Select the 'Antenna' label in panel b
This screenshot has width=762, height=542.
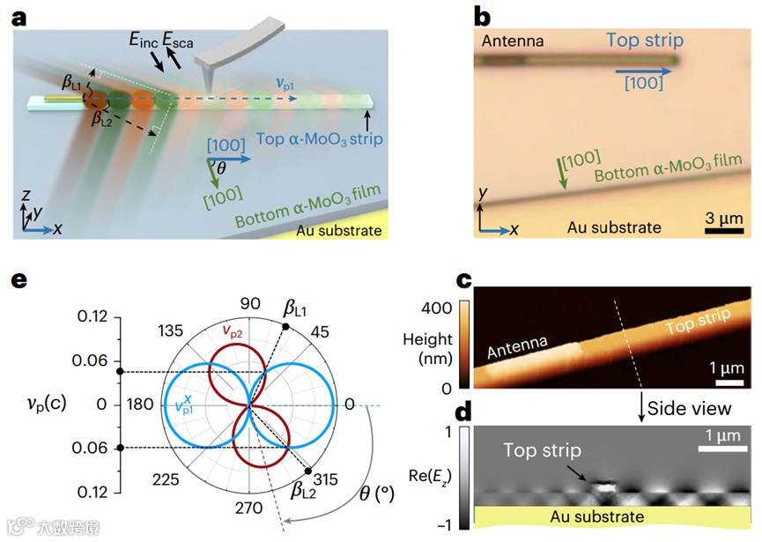[x=513, y=41]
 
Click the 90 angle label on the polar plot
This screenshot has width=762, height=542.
[x=249, y=304]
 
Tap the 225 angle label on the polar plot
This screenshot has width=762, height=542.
[x=166, y=479]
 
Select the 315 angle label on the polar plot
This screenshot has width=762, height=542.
[x=328, y=479]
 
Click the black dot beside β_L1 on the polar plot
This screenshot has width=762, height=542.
[x=285, y=328]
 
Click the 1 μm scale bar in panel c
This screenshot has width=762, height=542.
[x=726, y=383]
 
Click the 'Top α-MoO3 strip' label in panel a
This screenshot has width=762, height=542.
[x=311, y=137]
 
